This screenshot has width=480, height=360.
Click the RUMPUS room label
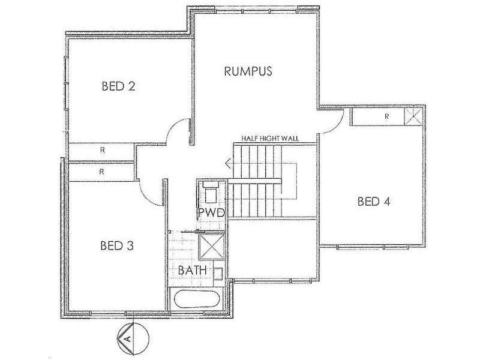[x=248, y=71]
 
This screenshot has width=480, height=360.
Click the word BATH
[x=193, y=271]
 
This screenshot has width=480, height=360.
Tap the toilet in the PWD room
[x=211, y=193]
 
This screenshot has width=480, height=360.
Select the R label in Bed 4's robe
[x=386, y=116]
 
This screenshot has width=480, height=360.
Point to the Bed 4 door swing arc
[x=332, y=124]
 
